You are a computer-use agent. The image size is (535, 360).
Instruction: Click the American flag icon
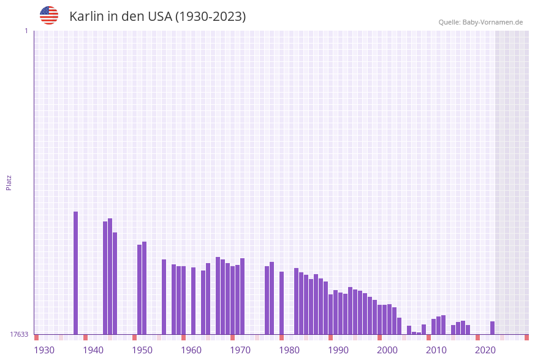pos(49,15)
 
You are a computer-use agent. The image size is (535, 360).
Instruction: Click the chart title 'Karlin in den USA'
pos(157,17)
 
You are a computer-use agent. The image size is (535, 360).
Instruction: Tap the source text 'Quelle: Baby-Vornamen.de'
pos(480,22)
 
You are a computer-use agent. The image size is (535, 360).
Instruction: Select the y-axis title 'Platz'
pos(9,182)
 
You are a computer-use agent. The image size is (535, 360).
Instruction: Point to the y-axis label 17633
pos(19,334)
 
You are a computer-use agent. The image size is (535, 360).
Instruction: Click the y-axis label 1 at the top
pos(26,31)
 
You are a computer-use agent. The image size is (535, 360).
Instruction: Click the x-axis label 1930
pos(44,350)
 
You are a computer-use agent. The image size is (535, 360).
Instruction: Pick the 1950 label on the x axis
pos(142,350)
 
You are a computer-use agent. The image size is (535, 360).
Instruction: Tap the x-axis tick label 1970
pos(240,350)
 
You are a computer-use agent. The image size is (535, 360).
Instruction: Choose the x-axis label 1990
pos(338,350)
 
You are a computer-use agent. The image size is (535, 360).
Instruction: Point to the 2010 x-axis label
pos(436,350)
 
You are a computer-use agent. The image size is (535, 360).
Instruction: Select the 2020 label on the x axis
pos(485,350)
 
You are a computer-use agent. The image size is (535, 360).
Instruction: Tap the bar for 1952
pos(145,288)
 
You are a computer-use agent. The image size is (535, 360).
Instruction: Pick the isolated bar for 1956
pos(164,297)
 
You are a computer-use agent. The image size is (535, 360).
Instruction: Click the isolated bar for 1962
pos(194,301)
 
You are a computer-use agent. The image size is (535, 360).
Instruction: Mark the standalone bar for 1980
pos(282,303)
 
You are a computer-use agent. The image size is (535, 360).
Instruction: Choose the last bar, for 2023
pos(493,327)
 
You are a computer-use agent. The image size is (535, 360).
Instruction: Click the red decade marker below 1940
pos(86,337)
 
